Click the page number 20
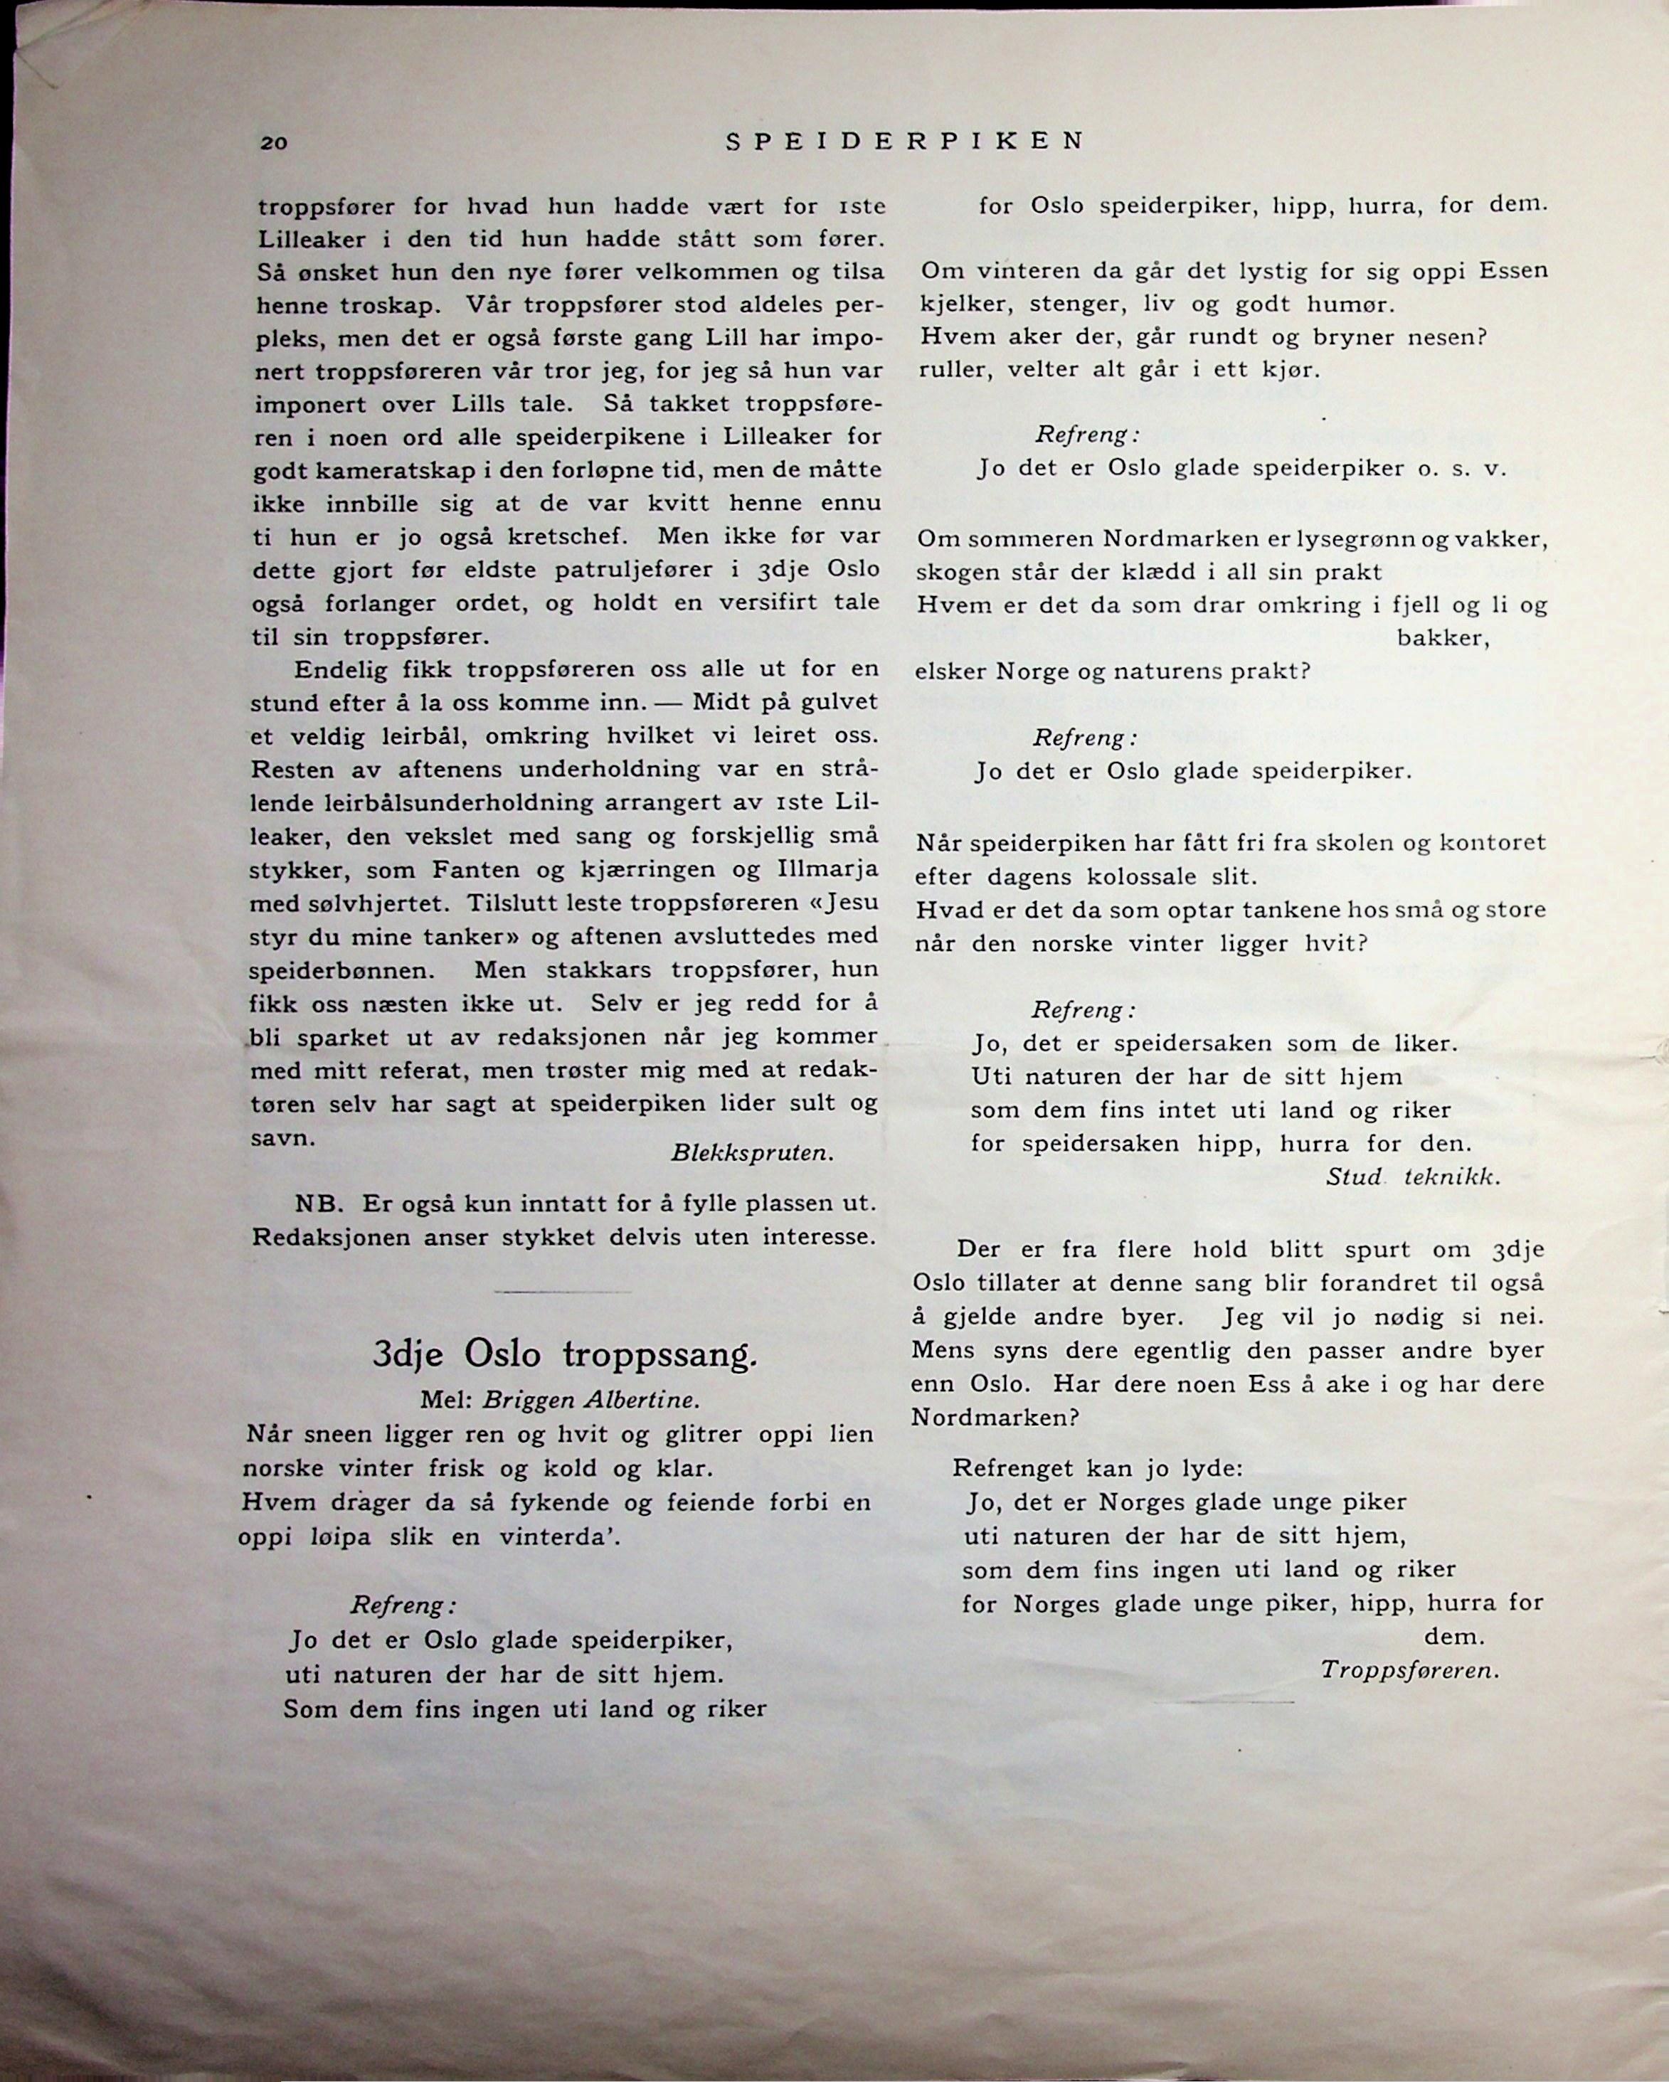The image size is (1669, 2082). click(x=273, y=144)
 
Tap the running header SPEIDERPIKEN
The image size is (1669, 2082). click(x=904, y=141)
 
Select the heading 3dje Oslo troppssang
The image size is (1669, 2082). click(x=565, y=1355)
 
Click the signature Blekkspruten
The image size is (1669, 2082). click(x=751, y=1153)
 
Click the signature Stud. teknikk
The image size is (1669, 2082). click(x=1413, y=1177)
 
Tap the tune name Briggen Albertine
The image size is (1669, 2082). click(x=591, y=1401)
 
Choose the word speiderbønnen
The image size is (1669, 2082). click(x=337, y=970)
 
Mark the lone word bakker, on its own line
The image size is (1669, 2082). click(x=1444, y=638)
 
